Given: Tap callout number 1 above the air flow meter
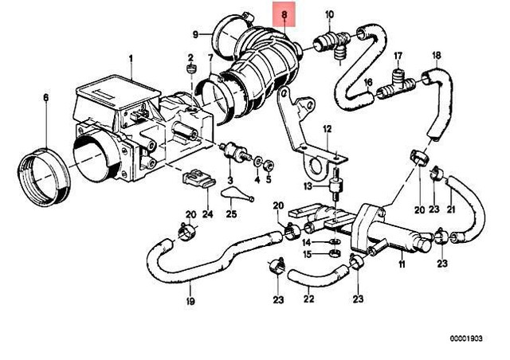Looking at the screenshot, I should (x=133, y=58).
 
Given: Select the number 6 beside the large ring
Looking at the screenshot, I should (x=45, y=98).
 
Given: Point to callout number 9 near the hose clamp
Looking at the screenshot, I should (x=194, y=33).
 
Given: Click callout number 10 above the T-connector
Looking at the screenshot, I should (x=331, y=14).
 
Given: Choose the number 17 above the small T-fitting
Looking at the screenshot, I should (x=399, y=55).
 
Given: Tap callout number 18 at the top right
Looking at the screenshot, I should (x=436, y=55).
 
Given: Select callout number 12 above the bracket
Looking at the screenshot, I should (x=326, y=129).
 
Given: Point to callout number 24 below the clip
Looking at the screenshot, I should (x=207, y=213).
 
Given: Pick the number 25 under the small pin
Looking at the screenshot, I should (x=231, y=213).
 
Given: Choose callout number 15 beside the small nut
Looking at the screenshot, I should (x=307, y=254).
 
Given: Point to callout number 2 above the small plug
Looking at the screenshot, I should (x=190, y=58).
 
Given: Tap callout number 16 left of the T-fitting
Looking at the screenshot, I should (x=369, y=83).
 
